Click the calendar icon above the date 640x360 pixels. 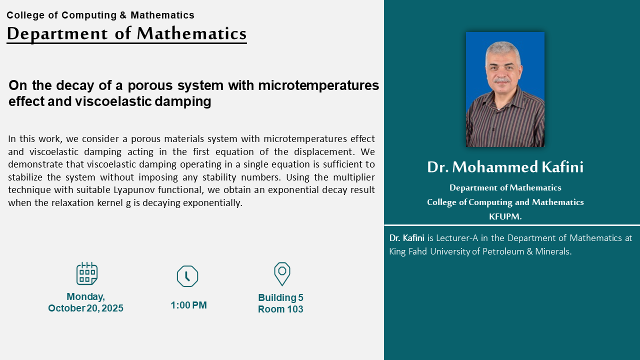87,273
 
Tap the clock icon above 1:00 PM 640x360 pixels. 187,276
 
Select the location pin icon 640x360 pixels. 282,274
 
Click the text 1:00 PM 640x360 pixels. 188,305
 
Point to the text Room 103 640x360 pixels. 280,309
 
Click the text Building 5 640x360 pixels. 280,297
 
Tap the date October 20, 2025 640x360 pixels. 85,308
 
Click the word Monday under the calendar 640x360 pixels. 85,296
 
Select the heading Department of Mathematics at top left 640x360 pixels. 126,33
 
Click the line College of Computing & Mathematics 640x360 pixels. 100,15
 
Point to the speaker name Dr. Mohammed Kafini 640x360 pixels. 505,167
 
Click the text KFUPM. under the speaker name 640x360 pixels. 505,216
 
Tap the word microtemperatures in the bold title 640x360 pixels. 318,85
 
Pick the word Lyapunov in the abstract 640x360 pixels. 134,190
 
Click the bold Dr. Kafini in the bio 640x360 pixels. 406,238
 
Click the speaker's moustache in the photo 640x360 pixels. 502,80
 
